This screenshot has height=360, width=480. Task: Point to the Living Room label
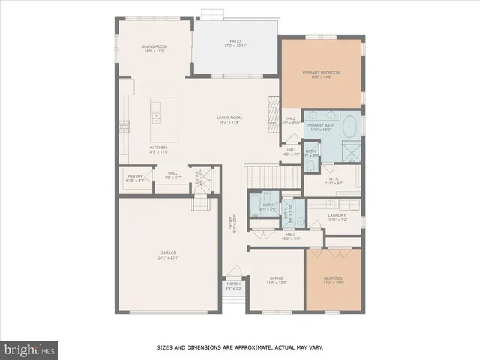[229, 119]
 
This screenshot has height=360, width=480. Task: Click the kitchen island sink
[157, 116]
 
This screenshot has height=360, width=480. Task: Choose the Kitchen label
[158, 149]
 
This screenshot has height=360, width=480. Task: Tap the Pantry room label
[135, 178]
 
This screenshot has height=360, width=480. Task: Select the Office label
[277, 280]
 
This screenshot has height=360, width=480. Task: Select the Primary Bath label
[319, 127]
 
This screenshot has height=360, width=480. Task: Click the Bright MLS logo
[29, 349]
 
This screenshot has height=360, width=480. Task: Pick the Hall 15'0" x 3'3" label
[289, 236]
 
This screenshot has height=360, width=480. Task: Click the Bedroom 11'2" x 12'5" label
[332, 280]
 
